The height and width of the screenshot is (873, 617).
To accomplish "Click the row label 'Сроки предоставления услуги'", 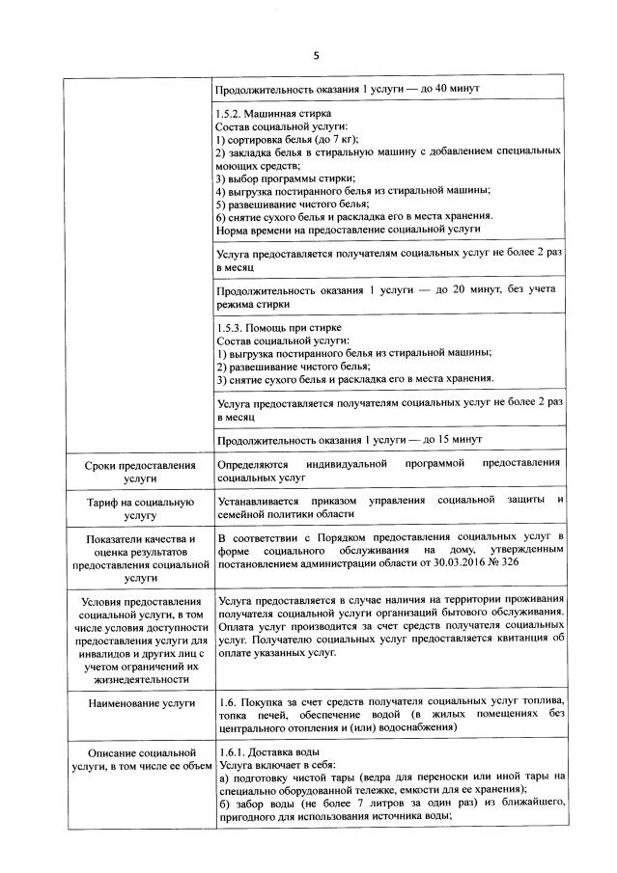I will tap(140, 472).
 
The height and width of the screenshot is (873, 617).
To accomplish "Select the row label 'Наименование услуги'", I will tap(140, 705).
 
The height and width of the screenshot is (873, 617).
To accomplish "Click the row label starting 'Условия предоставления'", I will tap(140, 637).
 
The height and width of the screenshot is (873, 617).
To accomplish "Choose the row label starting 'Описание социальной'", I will tap(140, 759).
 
